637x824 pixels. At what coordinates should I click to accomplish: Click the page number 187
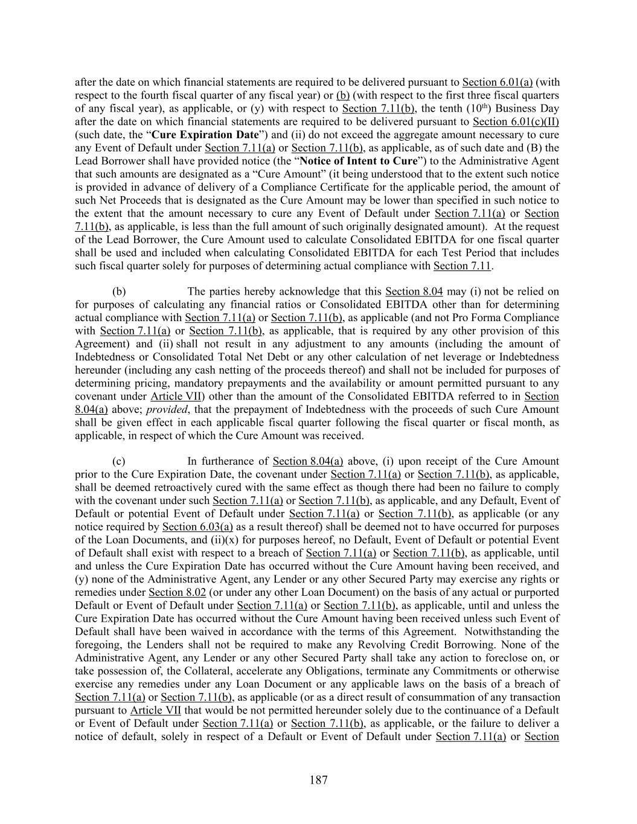[319, 780]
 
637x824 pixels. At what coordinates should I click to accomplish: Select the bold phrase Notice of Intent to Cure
[359, 161]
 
